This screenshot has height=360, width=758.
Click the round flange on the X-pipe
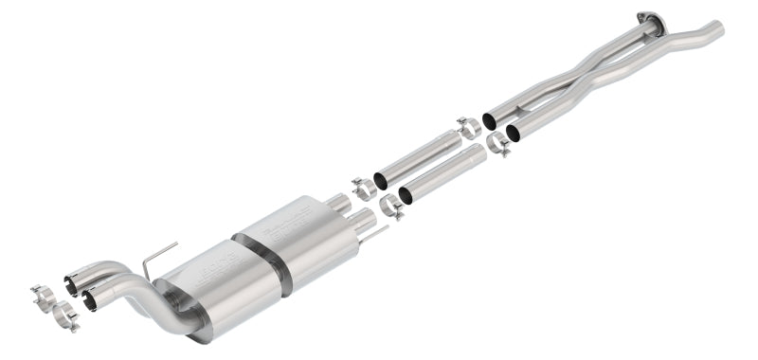647,18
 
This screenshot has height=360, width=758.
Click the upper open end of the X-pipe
490,120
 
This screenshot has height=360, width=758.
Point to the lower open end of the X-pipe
513,134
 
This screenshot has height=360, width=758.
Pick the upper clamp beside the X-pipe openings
468,127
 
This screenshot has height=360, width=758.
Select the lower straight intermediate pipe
441,176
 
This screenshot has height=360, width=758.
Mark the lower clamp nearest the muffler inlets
390,206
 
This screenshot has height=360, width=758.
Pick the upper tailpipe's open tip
72,283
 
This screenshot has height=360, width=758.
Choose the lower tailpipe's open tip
90,300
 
